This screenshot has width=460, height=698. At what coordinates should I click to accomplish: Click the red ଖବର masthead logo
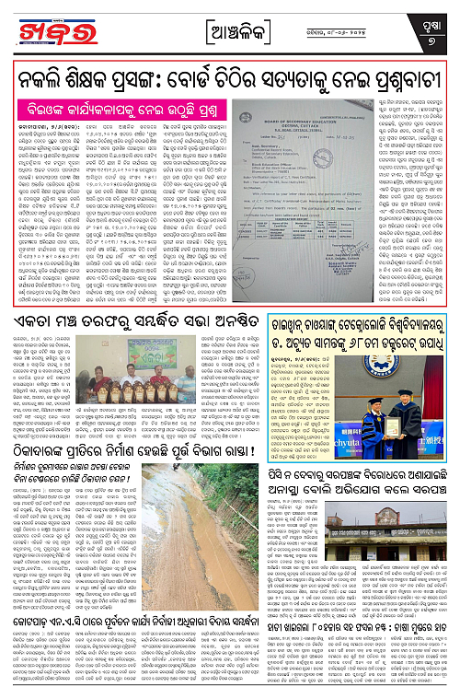tap(52, 27)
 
